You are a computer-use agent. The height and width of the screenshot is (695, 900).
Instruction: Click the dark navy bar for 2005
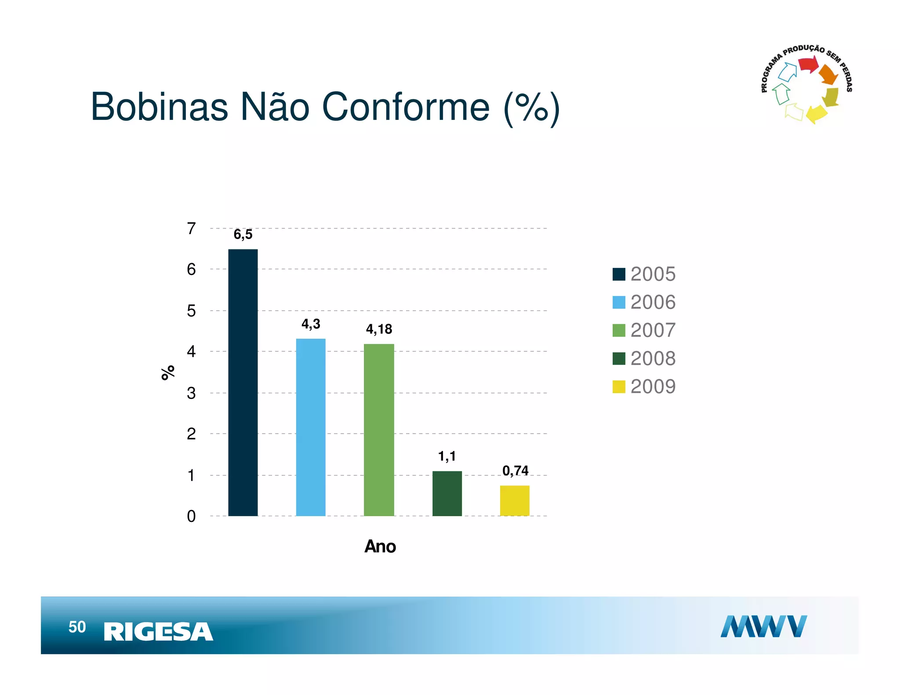[243, 382]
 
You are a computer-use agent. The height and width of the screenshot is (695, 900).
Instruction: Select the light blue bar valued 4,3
[310, 427]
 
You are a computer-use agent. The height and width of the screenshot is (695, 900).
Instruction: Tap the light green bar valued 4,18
[379, 430]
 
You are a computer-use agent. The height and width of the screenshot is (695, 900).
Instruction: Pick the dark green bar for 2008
[447, 493]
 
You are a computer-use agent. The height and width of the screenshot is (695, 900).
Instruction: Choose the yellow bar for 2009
[515, 500]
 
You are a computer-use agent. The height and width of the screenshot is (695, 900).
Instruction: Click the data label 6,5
[243, 235]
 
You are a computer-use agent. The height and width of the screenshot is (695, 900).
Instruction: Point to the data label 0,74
[515, 471]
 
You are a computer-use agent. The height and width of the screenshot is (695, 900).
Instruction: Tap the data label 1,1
[447, 456]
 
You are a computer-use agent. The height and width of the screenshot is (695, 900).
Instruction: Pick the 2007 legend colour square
[619, 330]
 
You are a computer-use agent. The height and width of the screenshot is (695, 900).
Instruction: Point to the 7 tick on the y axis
[191, 228]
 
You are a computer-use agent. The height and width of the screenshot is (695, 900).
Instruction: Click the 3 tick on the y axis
[191, 393]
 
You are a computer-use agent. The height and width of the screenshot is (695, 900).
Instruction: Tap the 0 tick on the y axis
[191, 516]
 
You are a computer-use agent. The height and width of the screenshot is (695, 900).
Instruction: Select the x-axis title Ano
[380, 547]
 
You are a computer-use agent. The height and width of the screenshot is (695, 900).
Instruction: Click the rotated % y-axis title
[168, 373]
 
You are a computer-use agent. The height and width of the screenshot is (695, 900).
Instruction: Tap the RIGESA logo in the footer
[158, 632]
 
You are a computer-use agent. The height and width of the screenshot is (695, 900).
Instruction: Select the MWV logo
[763, 626]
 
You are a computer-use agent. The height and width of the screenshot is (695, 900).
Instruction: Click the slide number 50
[77, 627]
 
